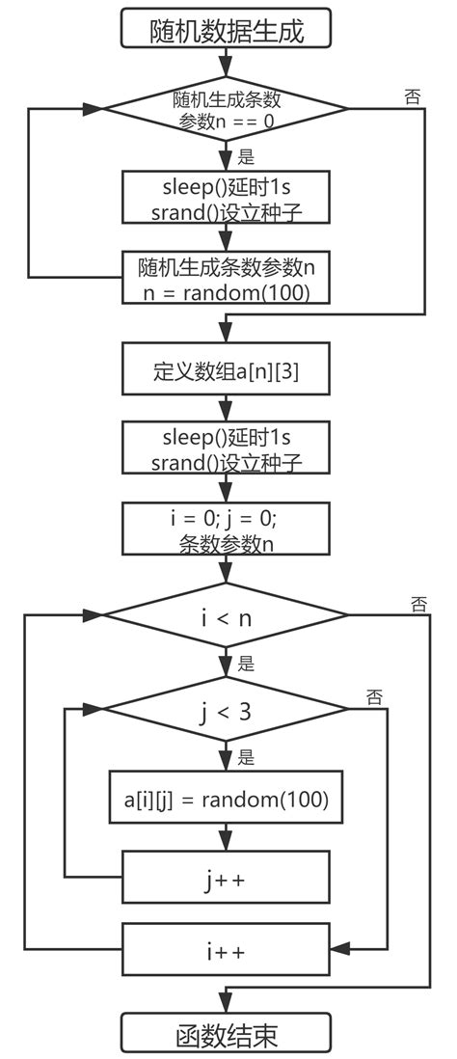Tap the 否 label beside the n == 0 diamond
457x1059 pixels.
(413, 96)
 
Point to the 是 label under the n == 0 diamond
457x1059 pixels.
(246, 156)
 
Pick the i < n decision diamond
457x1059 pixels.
(227, 618)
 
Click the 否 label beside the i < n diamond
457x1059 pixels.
(417, 606)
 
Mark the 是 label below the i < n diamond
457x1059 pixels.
(246, 664)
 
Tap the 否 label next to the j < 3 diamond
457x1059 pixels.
(375, 695)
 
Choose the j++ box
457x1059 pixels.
(227, 877)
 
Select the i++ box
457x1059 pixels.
(227, 950)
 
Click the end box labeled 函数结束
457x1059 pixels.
(227, 1034)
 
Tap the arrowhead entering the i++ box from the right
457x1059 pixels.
(338, 950)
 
